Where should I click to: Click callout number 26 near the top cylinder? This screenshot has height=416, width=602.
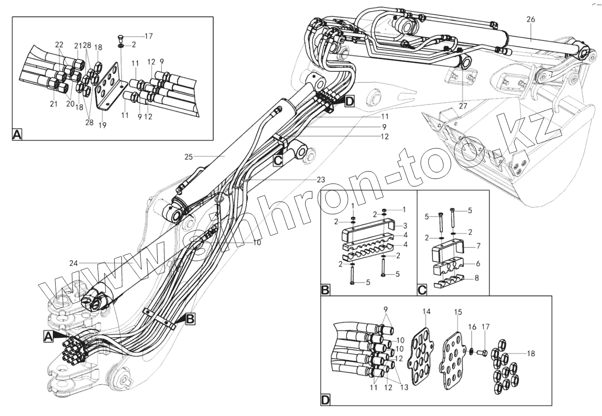click(x=531, y=19)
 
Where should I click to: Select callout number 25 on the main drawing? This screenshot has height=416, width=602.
click(x=189, y=157)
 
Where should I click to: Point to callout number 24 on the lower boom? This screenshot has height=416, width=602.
click(x=74, y=263)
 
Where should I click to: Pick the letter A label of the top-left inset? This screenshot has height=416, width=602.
click(x=17, y=134)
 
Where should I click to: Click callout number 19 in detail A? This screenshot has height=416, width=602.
click(x=103, y=125)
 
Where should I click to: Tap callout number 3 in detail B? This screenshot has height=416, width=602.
click(x=405, y=225)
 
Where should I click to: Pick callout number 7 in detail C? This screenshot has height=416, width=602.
click(x=477, y=247)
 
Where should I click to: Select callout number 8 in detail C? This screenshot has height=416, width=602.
click(x=477, y=279)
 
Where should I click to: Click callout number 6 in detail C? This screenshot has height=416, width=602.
click(x=477, y=264)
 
